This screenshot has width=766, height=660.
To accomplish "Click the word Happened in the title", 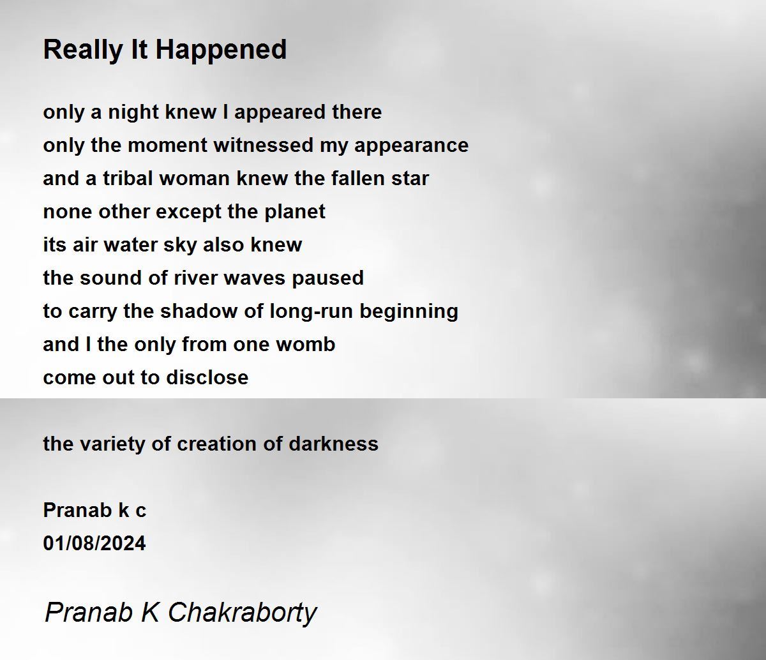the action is tap(222, 50).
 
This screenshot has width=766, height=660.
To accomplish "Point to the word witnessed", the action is tap(263, 145).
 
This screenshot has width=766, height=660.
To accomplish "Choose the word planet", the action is tap(295, 213).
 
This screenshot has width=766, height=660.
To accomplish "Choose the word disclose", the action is tap(207, 378).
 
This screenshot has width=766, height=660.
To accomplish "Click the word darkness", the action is tap(333, 444).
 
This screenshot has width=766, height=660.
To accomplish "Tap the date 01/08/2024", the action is tap(94, 544).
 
